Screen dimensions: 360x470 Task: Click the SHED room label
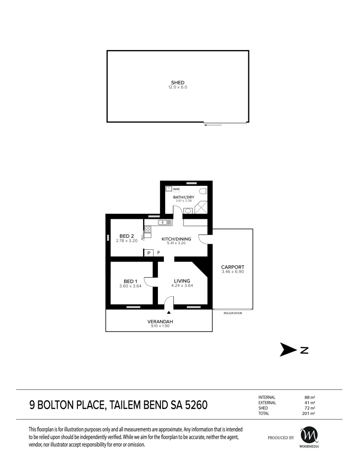pyautogui.click(x=177, y=82)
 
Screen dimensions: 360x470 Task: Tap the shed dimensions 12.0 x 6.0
pyautogui.click(x=177, y=87)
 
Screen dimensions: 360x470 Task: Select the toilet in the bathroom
pyautogui.click(x=203, y=191)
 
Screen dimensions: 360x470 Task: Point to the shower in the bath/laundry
pyautogui.click(x=201, y=208)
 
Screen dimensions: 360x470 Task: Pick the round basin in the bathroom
pyautogui.click(x=188, y=211)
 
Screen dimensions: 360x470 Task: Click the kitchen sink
pyautogui.click(x=165, y=222)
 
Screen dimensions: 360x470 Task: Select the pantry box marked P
pyautogui.click(x=149, y=253)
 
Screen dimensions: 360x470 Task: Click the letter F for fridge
pyautogui.click(x=158, y=253)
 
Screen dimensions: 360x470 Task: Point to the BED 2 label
pyautogui.click(x=127, y=236)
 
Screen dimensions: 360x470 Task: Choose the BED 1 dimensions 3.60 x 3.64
pyautogui.click(x=130, y=286)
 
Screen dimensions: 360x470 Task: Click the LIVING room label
pyautogui.click(x=182, y=281)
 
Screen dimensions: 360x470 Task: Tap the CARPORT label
pyautogui.click(x=233, y=267)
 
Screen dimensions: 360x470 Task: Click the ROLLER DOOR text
pyautogui.click(x=233, y=313)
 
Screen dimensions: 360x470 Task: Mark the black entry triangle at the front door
pyautogui.click(x=169, y=312)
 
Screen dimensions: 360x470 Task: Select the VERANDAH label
pyautogui.click(x=160, y=322)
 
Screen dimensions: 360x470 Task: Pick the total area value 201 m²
pyautogui.click(x=309, y=413)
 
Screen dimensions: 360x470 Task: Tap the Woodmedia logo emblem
pyautogui.click(x=309, y=435)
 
